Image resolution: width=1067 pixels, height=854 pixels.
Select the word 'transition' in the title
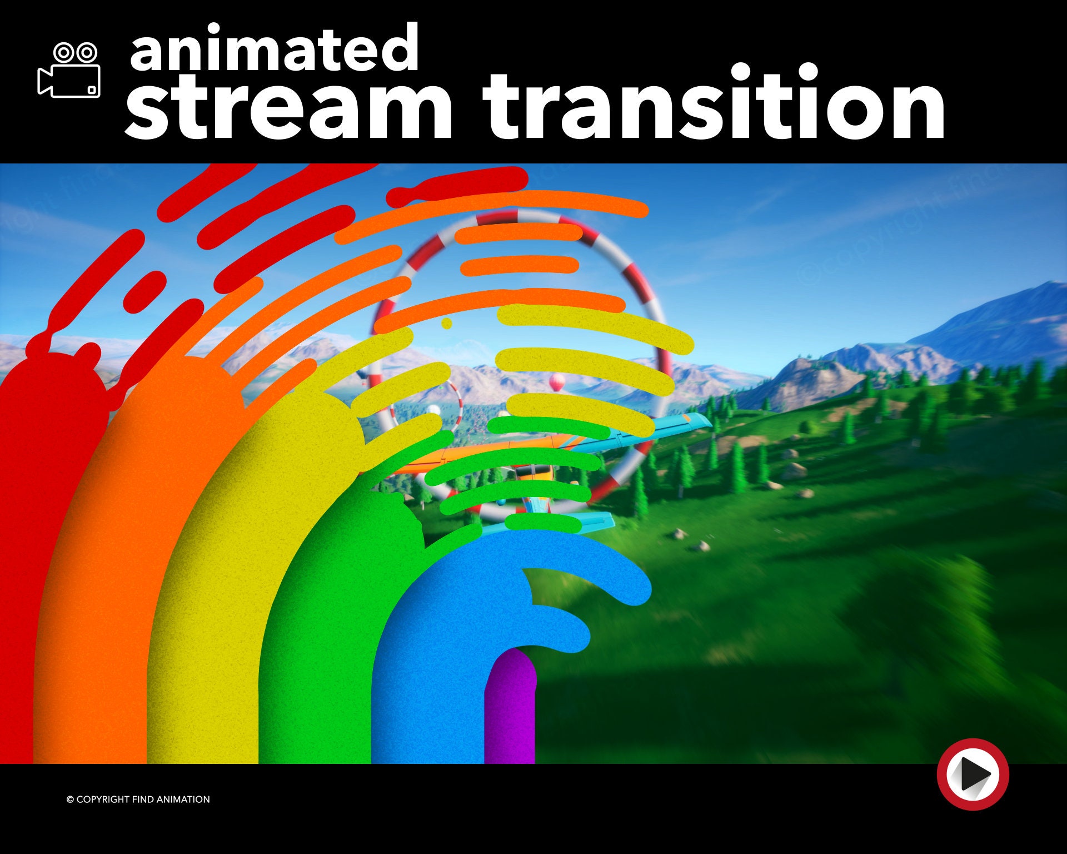pos(714,106)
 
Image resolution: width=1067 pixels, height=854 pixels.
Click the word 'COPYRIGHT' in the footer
pos(103,800)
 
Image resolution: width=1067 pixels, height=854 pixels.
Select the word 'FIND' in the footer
pos(143,800)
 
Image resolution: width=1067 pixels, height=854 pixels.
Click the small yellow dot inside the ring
pos(447,323)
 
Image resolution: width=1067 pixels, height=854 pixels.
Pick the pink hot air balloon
pos(557,381)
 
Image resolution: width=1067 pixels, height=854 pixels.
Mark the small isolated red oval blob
pos(144,292)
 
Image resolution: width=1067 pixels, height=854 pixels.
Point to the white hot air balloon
pos(433,410)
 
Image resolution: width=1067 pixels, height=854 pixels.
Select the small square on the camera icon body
pos(92,90)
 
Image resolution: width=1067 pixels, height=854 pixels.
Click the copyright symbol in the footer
pos(70,800)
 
